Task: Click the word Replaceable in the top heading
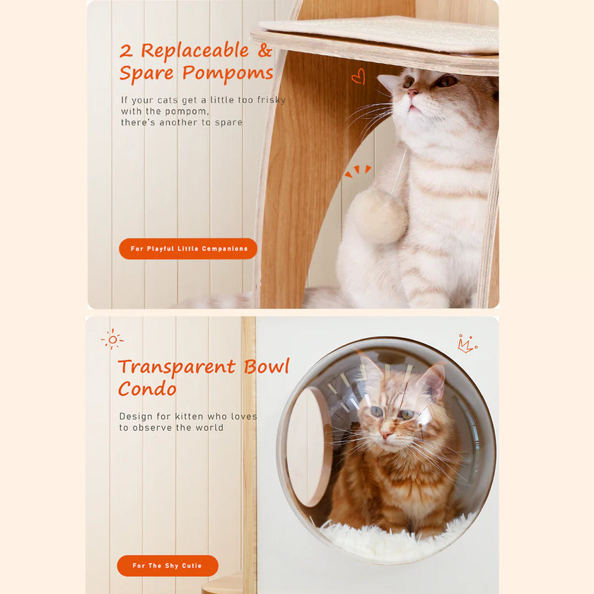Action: pyautogui.click(x=194, y=51)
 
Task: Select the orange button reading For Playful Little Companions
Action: pyautogui.click(x=188, y=249)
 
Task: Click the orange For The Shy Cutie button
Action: pyautogui.click(x=168, y=566)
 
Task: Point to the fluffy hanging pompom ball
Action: pyautogui.click(x=380, y=215)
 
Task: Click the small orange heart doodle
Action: pyautogui.click(x=359, y=76)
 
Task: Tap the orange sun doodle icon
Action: pyautogui.click(x=112, y=339)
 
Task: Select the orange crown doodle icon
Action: pyautogui.click(x=467, y=344)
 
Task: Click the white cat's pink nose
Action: pyautogui.click(x=413, y=93)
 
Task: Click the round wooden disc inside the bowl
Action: pyautogui.click(x=309, y=447)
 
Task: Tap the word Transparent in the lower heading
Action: pyautogui.click(x=177, y=367)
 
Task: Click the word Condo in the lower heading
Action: pyautogui.click(x=147, y=389)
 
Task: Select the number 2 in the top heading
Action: pyautogui.click(x=126, y=51)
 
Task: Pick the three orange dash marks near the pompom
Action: pyautogui.click(x=358, y=171)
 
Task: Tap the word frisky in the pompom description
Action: pyautogui.click(x=269, y=100)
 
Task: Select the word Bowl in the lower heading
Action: pyautogui.click(x=267, y=367)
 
